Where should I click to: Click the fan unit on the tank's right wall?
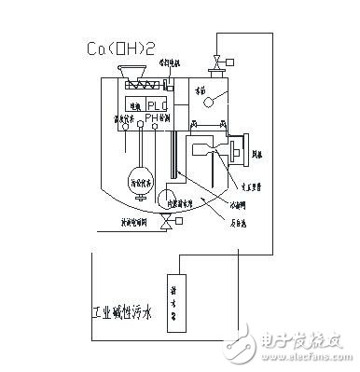click(233, 147)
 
